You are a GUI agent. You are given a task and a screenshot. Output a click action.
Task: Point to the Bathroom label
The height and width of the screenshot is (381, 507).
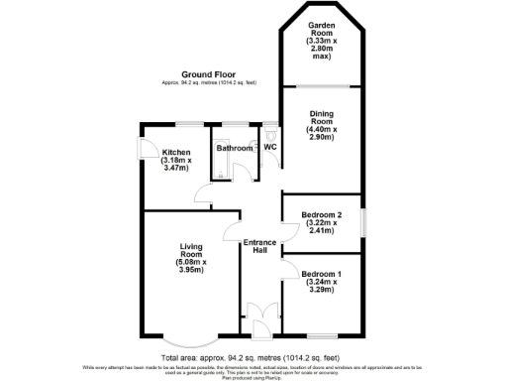coord(235,148)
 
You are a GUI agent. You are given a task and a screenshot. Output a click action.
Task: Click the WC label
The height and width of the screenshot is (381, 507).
coord(269,148)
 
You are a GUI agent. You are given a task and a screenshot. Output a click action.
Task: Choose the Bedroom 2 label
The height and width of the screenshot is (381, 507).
coord(322,225)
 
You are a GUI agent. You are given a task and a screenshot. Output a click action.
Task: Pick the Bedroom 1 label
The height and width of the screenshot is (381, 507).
coord(322,283)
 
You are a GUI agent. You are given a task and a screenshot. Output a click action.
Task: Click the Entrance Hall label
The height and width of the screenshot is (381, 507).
coord(259,245)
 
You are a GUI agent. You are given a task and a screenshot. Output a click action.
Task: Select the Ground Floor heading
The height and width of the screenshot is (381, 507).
coord(208,74)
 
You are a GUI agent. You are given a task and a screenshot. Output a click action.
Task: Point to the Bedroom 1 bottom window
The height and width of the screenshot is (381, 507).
coord(323,334)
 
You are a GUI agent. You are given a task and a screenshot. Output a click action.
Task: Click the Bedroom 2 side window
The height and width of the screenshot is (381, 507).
coord(363,224)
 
